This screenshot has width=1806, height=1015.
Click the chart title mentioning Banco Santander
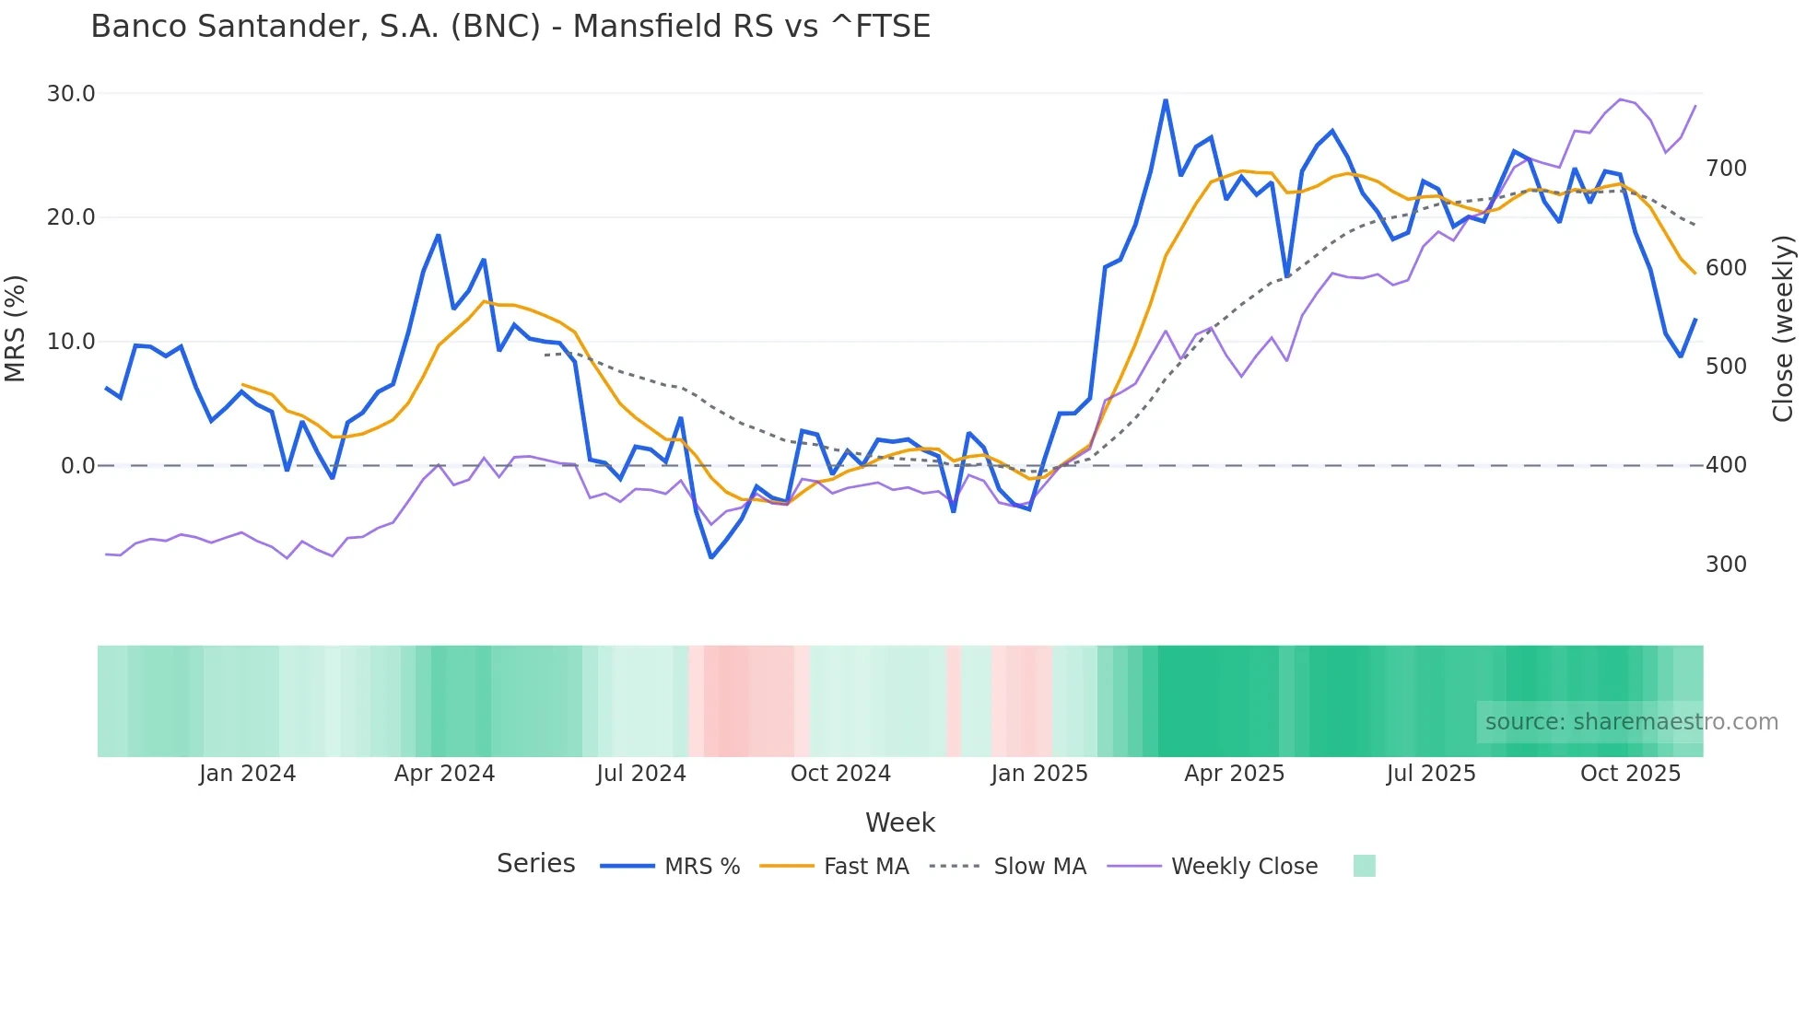510,27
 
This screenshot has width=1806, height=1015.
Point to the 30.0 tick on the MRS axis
71,94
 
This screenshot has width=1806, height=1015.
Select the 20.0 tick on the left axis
71,217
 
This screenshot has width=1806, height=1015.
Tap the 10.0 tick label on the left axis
71,342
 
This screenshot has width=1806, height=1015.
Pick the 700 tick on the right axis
1726,169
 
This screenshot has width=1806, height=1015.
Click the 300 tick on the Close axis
1726,565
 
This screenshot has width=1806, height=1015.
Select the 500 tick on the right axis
1726,367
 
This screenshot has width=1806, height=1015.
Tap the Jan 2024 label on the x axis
247,774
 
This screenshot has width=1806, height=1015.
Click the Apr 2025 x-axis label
1234,774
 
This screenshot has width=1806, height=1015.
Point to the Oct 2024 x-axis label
840,774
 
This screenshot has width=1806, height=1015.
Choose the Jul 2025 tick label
1431,774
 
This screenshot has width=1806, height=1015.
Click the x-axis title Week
900,822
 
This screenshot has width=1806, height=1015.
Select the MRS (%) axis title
16,329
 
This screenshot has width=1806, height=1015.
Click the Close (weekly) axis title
1784,329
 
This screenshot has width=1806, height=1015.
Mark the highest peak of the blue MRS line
1166,100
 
